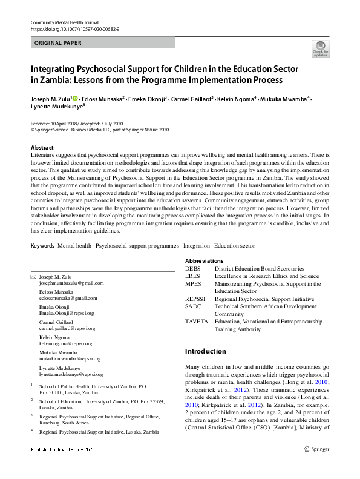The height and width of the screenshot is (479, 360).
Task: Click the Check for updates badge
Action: (320, 48)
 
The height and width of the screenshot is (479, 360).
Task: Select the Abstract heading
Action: (42, 148)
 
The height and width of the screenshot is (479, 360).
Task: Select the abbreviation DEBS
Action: (192, 268)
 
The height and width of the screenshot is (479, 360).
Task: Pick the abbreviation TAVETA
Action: (196, 322)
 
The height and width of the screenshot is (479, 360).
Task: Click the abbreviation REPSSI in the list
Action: (195, 299)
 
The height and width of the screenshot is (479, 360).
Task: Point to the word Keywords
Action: (42, 246)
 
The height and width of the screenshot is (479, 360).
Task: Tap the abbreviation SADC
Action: (194, 306)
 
